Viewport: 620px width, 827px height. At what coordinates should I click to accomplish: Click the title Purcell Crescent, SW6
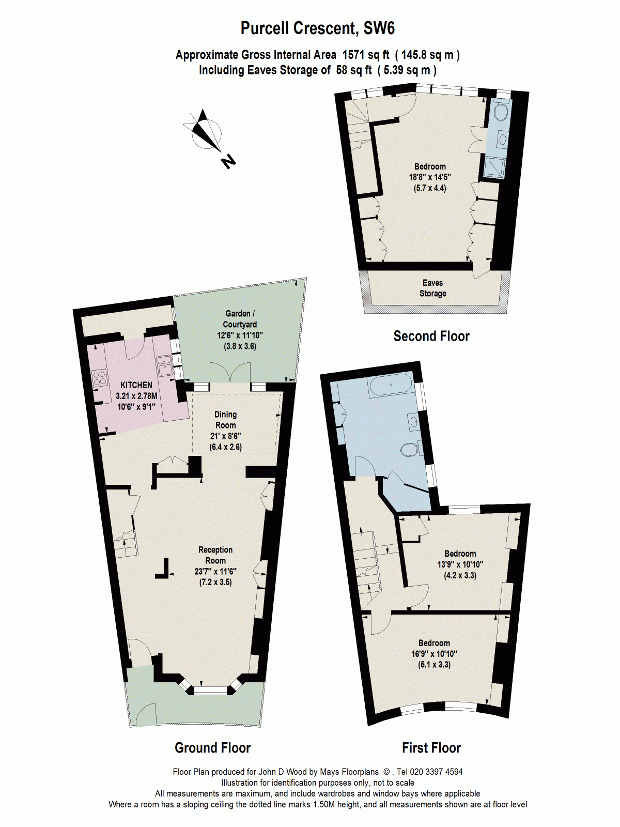point(317,28)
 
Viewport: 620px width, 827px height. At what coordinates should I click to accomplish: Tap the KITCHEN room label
point(136,385)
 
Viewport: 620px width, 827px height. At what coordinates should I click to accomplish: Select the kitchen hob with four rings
point(99,378)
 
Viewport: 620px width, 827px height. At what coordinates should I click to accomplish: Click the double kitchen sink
point(165,365)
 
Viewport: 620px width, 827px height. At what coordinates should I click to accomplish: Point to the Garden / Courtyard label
point(240,319)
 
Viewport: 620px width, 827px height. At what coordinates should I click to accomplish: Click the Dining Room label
point(225,420)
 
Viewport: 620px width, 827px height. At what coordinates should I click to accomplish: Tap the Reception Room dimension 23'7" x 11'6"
point(215,571)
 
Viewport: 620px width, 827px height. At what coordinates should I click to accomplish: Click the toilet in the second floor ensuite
point(500,111)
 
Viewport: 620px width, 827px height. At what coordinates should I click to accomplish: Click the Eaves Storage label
point(432,288)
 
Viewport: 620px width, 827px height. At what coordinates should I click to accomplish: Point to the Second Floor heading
point(431,336)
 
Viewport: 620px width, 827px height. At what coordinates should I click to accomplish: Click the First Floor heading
point(431,748)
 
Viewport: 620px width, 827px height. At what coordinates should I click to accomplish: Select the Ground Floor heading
point(212,748)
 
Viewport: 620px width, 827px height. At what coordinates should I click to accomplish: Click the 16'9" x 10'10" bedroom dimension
point(434,654)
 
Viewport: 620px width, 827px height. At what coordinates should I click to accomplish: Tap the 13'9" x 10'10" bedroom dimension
point(460,564)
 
